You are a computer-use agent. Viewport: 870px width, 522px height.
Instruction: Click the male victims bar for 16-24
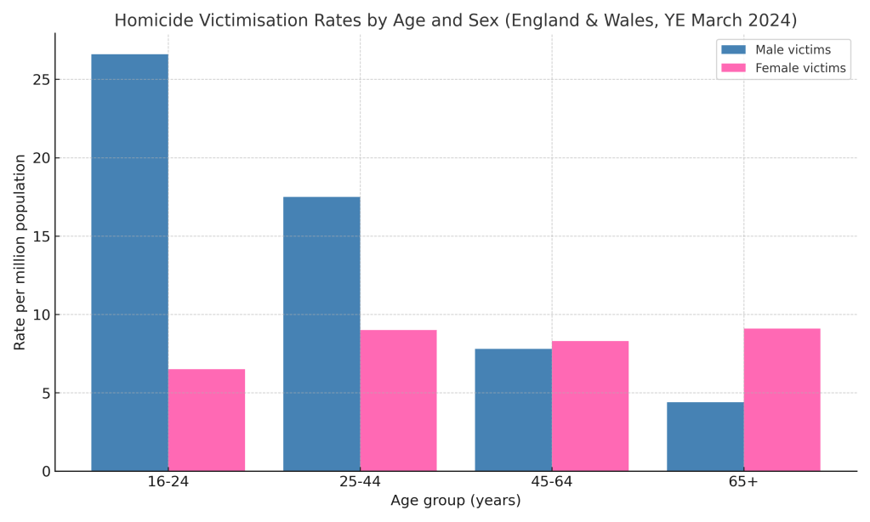[x=129, y=263]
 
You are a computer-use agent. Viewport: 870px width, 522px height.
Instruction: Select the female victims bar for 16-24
[x=207, y=420]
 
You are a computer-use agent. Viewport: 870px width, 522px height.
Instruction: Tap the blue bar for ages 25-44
[x=321, y=334]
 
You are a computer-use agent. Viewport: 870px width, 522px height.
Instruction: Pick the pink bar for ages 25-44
[x=398, y=400]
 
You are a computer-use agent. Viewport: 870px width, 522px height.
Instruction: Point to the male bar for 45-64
[x=513, y=410]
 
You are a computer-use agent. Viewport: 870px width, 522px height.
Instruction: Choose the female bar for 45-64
[x=590, y=406]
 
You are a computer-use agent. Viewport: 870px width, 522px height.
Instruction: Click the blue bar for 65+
[x=705, y=436]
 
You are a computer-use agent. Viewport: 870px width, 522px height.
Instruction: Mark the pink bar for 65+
[x=782, y=400]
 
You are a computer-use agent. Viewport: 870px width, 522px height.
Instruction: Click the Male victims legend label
[x=793, y=50]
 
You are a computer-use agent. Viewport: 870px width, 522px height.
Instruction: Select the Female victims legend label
[x=800, y=68]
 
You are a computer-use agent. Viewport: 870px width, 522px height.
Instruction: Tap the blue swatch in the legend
[x=733, y=50]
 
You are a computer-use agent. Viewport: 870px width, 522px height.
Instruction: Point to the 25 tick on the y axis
[x=40, y=80]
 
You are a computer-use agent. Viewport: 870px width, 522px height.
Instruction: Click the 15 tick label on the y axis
[x=40, y=236]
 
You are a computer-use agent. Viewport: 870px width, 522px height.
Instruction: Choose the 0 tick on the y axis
[x=45, y=471]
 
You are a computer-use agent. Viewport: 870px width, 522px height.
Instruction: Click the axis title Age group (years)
[x=455, y=501]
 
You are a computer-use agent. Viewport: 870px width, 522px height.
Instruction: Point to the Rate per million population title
[x=20, y=252]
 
